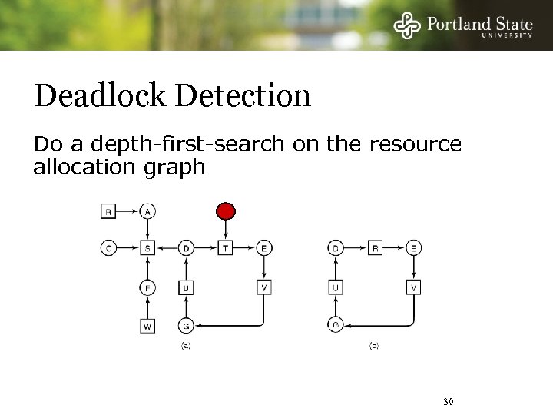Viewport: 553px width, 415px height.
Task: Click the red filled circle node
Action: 225,211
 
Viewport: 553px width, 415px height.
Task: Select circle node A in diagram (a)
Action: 147,211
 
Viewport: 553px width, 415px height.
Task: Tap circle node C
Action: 108,248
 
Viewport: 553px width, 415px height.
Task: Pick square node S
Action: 147,248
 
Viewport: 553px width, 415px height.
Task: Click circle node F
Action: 147,287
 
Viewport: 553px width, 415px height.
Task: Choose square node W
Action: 147,326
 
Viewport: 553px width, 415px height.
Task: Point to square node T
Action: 225,248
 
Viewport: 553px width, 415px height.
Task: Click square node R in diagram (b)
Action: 375,248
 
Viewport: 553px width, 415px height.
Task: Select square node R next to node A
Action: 108,211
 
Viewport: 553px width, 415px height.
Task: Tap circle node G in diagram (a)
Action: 186,326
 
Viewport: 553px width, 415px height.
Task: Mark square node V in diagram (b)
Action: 414,287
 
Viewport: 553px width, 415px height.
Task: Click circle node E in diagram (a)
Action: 264,248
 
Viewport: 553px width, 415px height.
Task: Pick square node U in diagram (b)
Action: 336,287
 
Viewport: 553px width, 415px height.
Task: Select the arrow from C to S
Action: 128,248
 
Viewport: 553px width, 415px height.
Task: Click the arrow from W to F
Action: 147,307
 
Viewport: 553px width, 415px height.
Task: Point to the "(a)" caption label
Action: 186,346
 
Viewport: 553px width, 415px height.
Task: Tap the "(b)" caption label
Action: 374,346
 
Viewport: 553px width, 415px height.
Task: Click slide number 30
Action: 449,402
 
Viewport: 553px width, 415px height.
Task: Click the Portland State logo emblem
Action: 407,25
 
